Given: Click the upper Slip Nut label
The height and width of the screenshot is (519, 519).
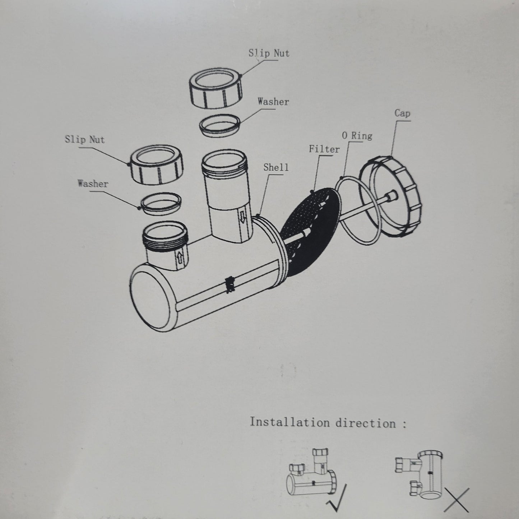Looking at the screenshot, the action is (269, 53).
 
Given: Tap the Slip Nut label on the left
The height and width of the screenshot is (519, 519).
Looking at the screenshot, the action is (84, 139).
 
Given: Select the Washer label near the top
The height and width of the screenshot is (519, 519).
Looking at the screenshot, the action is (273, 102).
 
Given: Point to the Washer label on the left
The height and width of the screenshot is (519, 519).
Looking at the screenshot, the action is (93, 184).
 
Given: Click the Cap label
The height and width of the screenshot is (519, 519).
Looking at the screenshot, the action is (402, 113).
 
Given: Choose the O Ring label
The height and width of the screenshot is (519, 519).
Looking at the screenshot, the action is (357, 136).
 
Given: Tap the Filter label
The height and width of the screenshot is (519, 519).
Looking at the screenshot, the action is (324, 149).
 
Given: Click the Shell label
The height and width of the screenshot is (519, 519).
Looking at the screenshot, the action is (276, 167).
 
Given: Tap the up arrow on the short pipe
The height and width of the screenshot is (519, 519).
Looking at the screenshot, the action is (179, 257).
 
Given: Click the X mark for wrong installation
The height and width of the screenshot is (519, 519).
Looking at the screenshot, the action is (457, 500).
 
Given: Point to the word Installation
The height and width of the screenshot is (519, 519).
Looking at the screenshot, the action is (290, 422).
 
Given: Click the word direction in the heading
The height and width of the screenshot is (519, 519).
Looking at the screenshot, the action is (366, 423).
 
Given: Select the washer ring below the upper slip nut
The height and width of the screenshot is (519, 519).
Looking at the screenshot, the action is (220, 125).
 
